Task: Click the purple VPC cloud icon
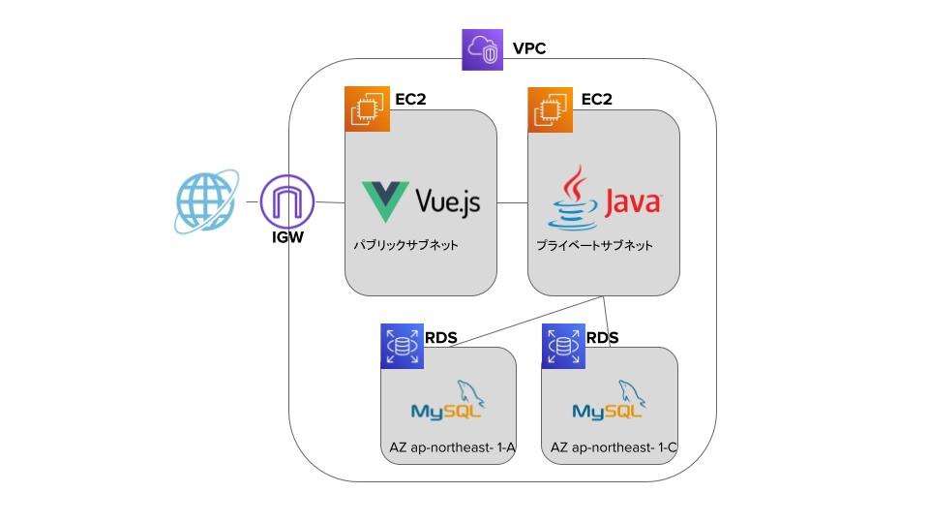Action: [483, 49]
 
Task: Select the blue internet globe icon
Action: [204, 202]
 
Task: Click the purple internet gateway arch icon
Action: [288, 201]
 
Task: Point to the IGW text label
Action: [287, 234]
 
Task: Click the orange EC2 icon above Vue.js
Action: [367, 108]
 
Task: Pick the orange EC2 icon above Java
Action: [549, 108]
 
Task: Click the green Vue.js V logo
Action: [384, 201]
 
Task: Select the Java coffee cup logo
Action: [576, 198]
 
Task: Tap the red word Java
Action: [633, 202]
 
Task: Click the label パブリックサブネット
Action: [405, 246]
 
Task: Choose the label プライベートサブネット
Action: [594, 246]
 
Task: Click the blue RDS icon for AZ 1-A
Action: [402, 345]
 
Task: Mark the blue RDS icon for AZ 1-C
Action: [563, 345]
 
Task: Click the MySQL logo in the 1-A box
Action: [448, 403]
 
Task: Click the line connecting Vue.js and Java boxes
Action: [512, 202]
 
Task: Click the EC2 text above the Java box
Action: [596, 99]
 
